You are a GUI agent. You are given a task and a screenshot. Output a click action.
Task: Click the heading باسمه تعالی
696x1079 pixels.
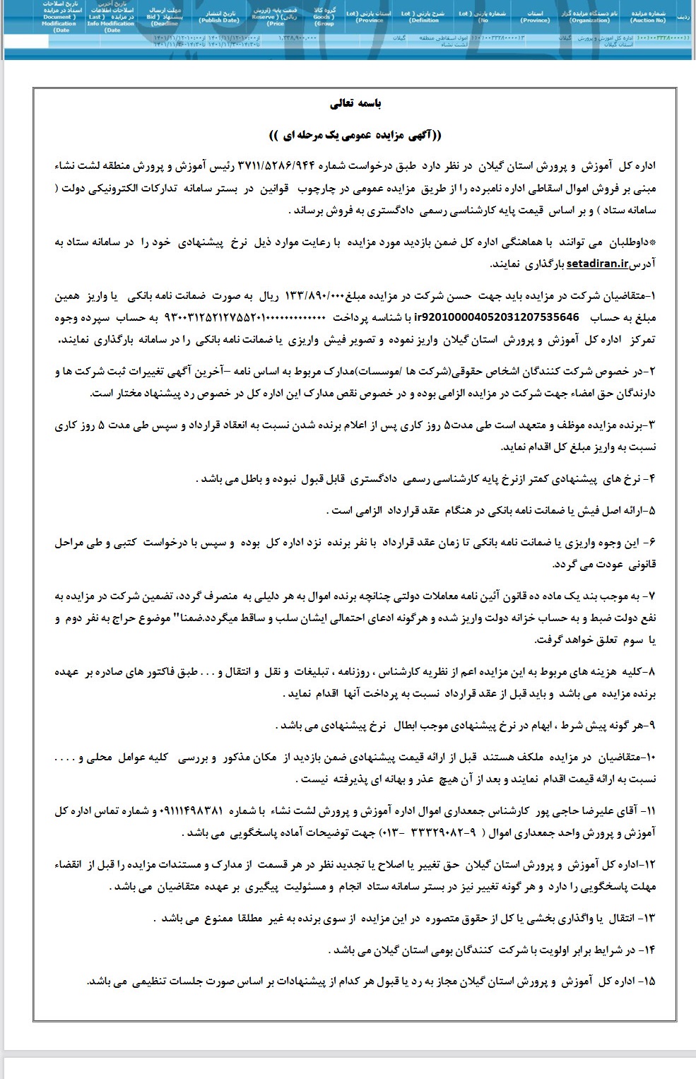(x=357, y=104)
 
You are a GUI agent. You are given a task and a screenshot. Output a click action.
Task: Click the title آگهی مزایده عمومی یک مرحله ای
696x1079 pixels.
(x=355, y=134)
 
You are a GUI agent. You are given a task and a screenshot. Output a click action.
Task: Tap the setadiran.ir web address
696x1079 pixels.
(x=597, y=264)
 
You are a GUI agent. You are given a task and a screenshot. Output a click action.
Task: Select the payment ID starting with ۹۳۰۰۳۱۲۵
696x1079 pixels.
(x=259, y=316)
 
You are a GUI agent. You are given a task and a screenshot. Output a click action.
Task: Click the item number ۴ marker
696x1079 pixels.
(x=651, y=478)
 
